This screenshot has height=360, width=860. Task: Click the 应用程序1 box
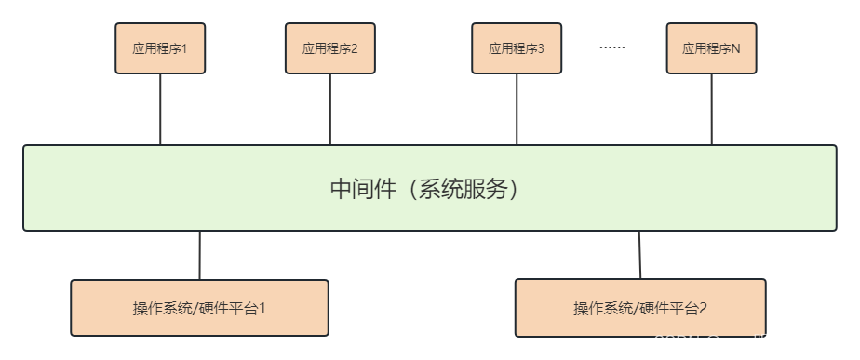(x=160, y=48)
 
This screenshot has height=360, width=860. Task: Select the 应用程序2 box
(x=329, y=48)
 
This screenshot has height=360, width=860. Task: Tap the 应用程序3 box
(x=517, y=48)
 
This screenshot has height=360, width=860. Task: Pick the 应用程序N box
(x=711, y=48)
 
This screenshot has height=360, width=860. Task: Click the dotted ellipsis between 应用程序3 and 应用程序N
(x=611, y=47)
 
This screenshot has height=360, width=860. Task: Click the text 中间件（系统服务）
(x=429, y=189)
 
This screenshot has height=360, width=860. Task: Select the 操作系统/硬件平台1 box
(x=199, y=308)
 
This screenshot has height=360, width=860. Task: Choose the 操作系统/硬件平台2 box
(x=640, y=308)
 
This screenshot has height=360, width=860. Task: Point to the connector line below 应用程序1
(x=160, y=109)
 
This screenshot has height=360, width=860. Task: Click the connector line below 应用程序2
(x=329, y=109)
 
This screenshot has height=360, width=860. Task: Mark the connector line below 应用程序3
(x=517, y=109)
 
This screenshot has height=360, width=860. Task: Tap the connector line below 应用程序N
(x=711, y=109)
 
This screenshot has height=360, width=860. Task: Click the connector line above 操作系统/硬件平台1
(x=199, y=255)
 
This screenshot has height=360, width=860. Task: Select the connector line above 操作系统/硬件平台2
(x=639, y=255)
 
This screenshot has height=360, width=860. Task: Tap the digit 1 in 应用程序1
(x=184, y=48)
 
